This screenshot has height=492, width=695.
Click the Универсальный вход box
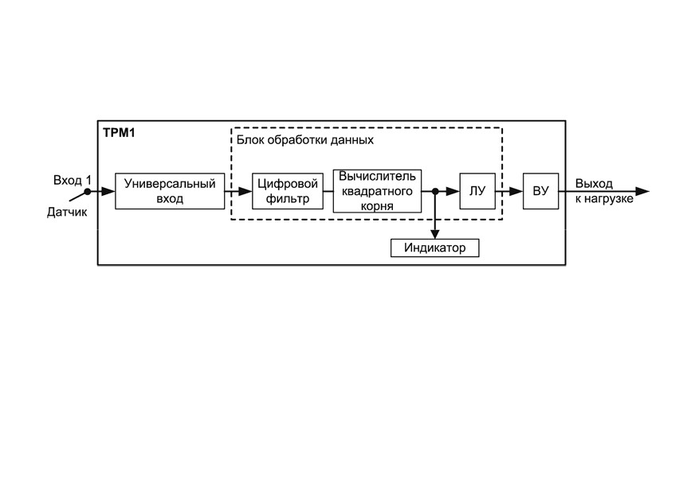point(170,191)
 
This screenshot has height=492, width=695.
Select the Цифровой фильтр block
point(288,191)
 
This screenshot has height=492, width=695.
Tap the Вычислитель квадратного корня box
point(377,191)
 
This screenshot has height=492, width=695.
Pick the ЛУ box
point(477,191)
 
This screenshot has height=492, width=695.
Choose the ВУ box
point(540,191)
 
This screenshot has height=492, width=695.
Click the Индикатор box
point(435,248)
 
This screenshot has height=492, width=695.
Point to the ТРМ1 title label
point(119,133)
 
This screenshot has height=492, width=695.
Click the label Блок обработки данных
point(305,140)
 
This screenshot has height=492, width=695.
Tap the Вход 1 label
point(73,180)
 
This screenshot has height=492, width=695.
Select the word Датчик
point(67,212)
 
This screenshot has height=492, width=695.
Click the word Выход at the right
point(594,183)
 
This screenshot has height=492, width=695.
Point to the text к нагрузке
point(604,199)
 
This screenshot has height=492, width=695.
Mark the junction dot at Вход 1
point(88,191)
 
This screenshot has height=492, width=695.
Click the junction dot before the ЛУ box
point(435,191)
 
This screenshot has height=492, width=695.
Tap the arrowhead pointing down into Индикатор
point(435,234)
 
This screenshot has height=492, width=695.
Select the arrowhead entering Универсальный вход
point(108,191)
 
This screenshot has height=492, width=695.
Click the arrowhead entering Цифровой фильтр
point(245,191)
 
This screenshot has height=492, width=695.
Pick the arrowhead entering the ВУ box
point(516,191)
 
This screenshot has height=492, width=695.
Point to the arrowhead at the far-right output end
point(642,191)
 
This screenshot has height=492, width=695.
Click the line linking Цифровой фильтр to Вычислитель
point(328,191)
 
